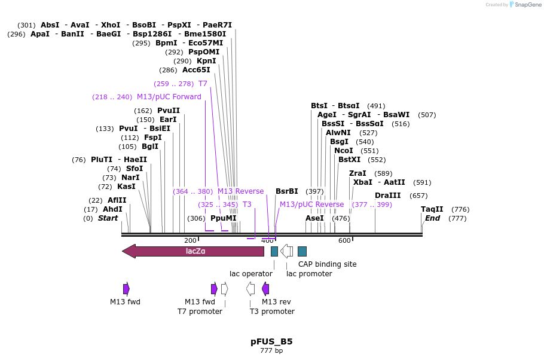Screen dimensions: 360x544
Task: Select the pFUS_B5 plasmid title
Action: click(x=271, y=342)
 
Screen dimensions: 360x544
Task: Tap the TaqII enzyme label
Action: click(x=432, y=209)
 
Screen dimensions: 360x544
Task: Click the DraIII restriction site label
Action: click(x=388, y=196)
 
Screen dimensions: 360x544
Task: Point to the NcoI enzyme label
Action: click(x=344, y=151)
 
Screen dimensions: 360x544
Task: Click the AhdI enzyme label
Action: click(x=112, y=209)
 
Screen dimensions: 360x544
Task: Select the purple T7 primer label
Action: click(x=203, y=84)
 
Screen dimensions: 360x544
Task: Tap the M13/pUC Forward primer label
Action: click(x=169, y=97)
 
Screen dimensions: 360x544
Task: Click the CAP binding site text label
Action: click(x=328, y=264)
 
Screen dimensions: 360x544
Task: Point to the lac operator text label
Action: click(x=251, y=274)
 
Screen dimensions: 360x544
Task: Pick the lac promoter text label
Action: click(x=309, y=274)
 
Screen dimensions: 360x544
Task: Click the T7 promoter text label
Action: click(x=200, y=312)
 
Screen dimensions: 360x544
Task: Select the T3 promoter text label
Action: click(x=272, y=312)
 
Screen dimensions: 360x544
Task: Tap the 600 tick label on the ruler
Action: click(x=344, y=240)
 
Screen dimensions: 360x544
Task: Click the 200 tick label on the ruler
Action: click(x=190, y=240)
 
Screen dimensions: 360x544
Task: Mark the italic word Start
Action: click(x=108, y=218)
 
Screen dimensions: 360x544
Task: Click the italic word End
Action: click(x=432, y=218)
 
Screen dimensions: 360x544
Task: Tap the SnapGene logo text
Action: click(x=528, y=5)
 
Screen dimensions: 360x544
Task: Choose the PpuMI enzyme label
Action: click(x=224, y=218)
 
